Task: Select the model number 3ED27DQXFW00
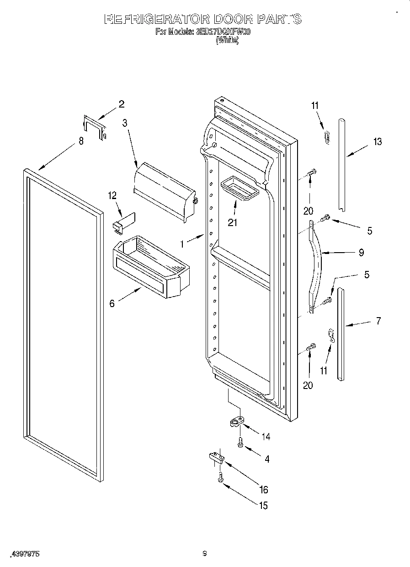(223, 32)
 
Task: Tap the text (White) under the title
(227, 40)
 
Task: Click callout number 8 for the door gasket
(81, 141)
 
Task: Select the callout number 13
(377, 142)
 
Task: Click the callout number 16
(263, 490)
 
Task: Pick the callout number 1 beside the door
(182, 244)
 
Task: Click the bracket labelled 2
(95, 127)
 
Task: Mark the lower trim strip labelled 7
(341, 334)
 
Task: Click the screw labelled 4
(240, 442)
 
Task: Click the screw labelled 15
(220, 477)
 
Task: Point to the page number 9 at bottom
(205, 554)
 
